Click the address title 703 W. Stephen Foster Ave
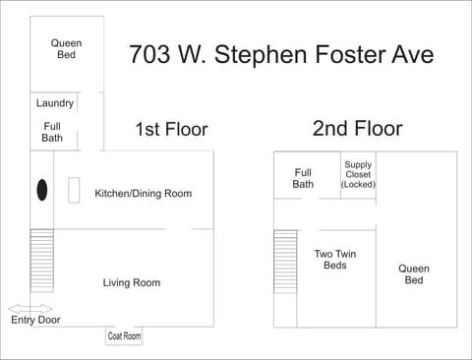click(x=280, y=54)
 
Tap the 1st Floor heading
click(x=171, y=129)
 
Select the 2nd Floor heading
click(x=357, y=128)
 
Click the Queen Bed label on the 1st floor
click(x=66, y=49)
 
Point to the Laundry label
click(x=54, y=103)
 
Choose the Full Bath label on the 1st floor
click(x=52, y=132)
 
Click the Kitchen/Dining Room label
click(x=143, y=194)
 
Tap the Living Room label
click(x=131, y=283)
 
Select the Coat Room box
click(x=124, y=336)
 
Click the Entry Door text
click(x=35, y=320)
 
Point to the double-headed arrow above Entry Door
click(x=29, y=307)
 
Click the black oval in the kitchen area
click(x=42, y=190)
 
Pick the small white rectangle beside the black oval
click(x=74, y=190)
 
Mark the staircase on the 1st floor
click(x=41, y=260)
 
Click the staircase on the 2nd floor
click(x=285, y=261)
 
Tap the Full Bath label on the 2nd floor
click(x=303, y=178)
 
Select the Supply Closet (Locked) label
click(x=358, y=174)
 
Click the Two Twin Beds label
click(x=334, y=260)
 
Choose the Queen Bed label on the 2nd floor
click(x=414, y=274)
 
